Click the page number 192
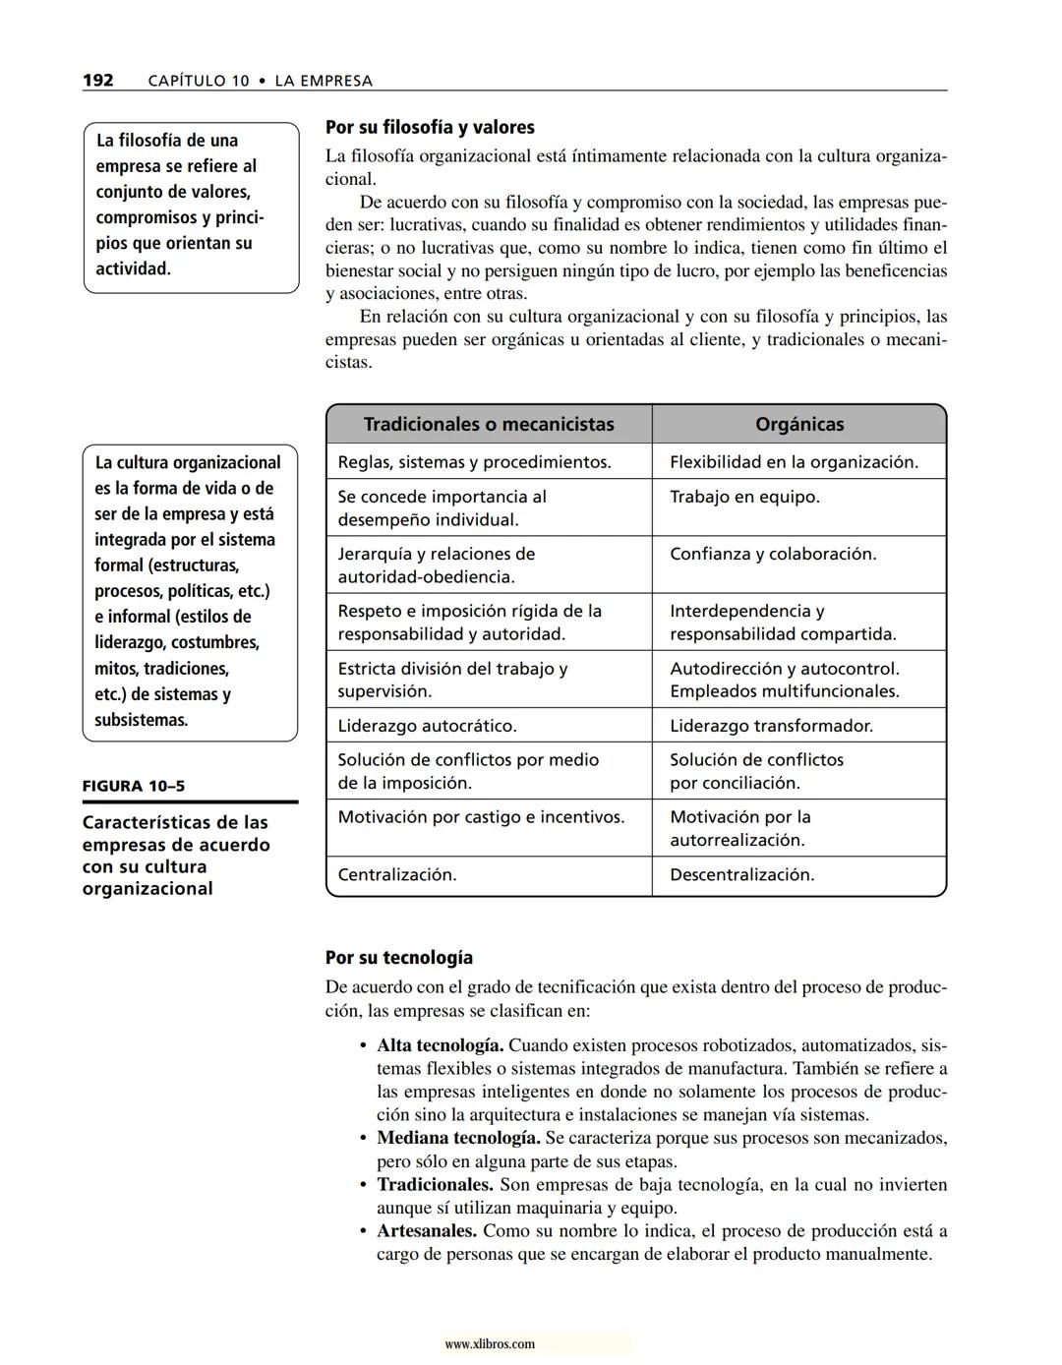tap(98, 81)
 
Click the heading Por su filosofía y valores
tap(430, 127)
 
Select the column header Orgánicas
tap(798, 424)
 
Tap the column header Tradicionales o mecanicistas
tap(489, 424)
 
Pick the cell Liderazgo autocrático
tap(427, 726)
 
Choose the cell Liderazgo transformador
tap(771, 726)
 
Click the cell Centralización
tap(397, 874)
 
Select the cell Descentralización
tap(741, 874)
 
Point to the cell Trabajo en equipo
tap(744, 497)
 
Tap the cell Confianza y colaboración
tap(772, 554)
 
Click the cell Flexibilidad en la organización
tap(794, 461)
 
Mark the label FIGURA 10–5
tap(133, 786)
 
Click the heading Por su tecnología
tap(398, 957)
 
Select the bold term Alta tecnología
tap(440, 1045)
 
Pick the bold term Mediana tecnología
tap(458, 1138)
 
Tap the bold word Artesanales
tap(427, 1230)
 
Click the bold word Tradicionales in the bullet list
tap(435, 1184)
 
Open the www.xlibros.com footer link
tap(490, 1344)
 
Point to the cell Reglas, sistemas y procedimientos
tap(474, 461)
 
